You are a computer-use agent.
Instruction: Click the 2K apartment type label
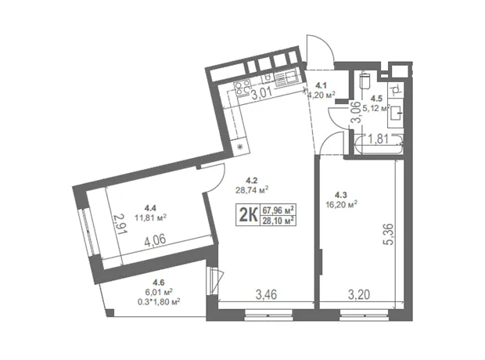pos(248,215)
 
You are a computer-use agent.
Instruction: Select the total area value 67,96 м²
pos(278,211)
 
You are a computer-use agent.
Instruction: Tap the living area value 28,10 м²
pos(278,221)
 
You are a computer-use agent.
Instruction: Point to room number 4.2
pos(252,180)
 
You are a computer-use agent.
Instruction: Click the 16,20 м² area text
pos(341,204)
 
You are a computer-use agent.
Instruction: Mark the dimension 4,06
pos(155,240)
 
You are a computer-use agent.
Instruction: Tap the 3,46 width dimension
pos(266,294)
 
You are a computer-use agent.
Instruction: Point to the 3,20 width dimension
pos(359,294)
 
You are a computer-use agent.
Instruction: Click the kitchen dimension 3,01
pos(261,93)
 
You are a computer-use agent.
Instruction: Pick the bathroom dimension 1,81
pos(379,139)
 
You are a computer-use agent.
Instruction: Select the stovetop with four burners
pos(242,88)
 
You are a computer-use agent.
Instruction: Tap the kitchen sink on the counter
pos(286,78)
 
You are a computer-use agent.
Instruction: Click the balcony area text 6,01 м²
pos(158,292)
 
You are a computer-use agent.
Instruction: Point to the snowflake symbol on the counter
pos(239,146)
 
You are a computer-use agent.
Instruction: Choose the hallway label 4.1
pos(322,85)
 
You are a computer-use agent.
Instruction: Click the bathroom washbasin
pos(396,113)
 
